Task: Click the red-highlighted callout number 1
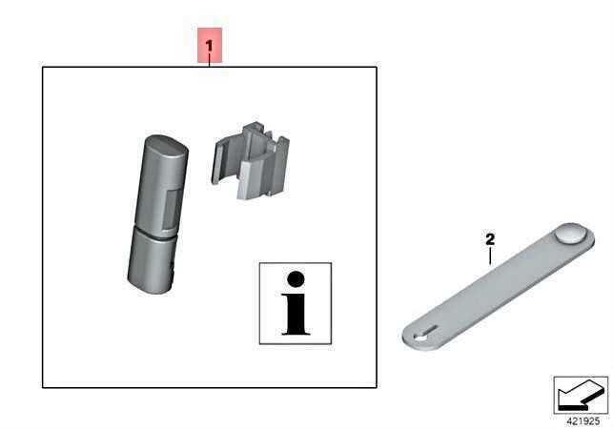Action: coord(210,46)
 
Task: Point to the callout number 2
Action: coord(490,239)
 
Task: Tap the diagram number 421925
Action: coord(583,421)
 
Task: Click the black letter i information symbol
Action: coord(296,303)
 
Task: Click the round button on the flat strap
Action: coord(570,234)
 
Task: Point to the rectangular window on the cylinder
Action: coord(172,209)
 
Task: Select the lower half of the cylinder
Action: coord(151,261)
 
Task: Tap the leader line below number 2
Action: coord(490,256)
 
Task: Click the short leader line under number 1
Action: coord(210,60)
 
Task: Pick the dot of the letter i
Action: coord(296,278)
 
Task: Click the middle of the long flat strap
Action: coord(498,287)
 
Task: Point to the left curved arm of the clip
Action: coord(217,161)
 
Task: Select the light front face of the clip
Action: coord(249,179)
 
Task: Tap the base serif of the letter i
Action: coord(296,333)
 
